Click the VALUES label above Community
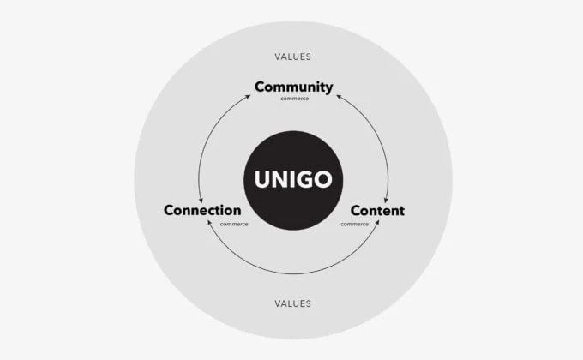click(292, 57)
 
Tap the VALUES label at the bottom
click(292, 303)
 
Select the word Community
click(294, 87)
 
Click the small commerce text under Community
click(294, 99)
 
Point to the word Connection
click(202, 210)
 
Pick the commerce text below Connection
click(234, 225)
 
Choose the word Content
click(377, 211)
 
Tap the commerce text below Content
click(354, 225)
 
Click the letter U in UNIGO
click(263, 180)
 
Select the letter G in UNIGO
click(302, 180)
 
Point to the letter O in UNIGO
click(322, 180)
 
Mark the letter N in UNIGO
click(280, 180)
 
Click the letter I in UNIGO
click(290, 180)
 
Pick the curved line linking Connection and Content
click(294, 274)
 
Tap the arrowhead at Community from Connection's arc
click(249, 96)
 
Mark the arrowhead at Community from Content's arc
click(339, 96)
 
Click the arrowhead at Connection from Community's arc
click(201, 201)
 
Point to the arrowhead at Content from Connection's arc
click(377, 222)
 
